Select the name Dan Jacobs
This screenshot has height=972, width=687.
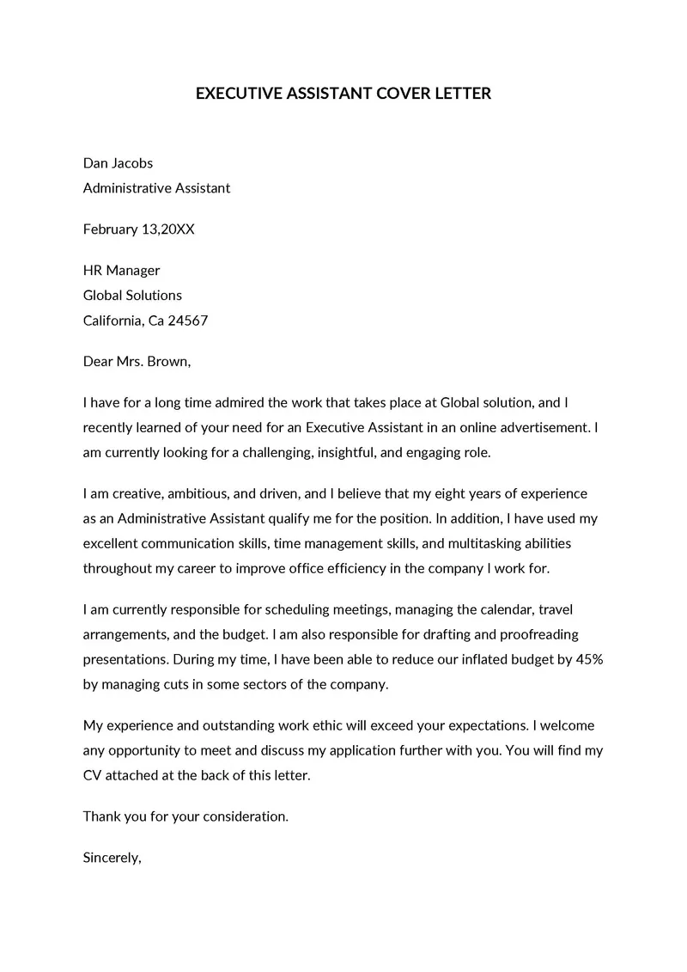point(118,162)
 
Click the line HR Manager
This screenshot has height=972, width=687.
point(121,271)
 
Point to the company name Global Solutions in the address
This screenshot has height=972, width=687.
point(132,296)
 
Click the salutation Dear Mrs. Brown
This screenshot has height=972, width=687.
point(137,362)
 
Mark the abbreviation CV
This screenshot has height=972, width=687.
point(93,775)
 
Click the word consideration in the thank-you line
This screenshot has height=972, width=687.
point(245,816)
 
